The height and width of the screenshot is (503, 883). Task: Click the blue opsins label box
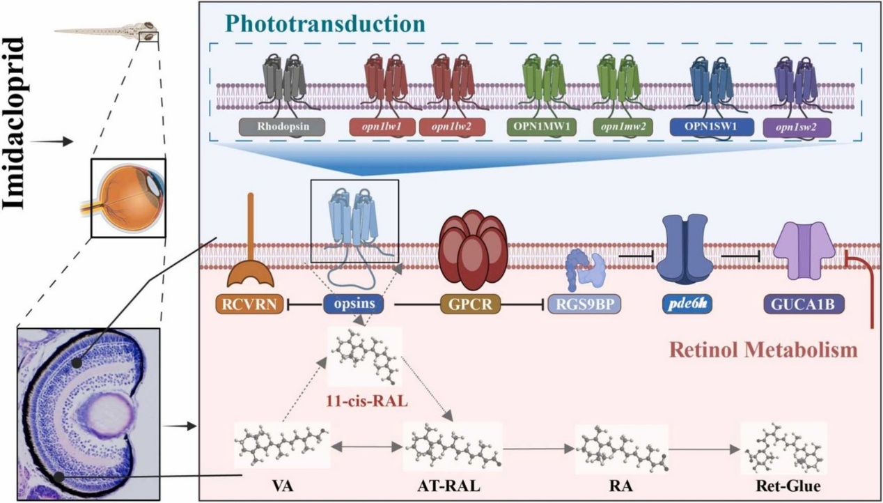tap(357, 305)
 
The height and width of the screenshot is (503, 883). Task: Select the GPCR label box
tap(470, 305)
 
